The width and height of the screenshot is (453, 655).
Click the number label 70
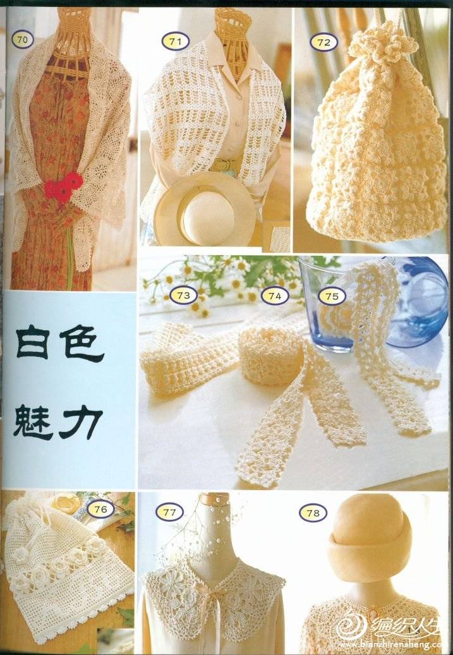(23, 40)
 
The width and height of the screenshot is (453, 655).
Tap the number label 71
(176, 41)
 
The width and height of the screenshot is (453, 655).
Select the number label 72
(323, 42)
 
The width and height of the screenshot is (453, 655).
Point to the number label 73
(183, 296)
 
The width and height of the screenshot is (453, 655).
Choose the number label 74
(275, 296)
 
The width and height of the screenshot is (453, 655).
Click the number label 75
(332, 297)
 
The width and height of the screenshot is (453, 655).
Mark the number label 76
(100, 509)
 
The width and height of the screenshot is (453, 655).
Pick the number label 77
(169, 512)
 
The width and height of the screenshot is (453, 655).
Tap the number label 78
(313, 514)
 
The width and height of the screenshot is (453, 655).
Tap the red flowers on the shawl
(63, 186)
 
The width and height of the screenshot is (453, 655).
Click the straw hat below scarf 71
(204, 209)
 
